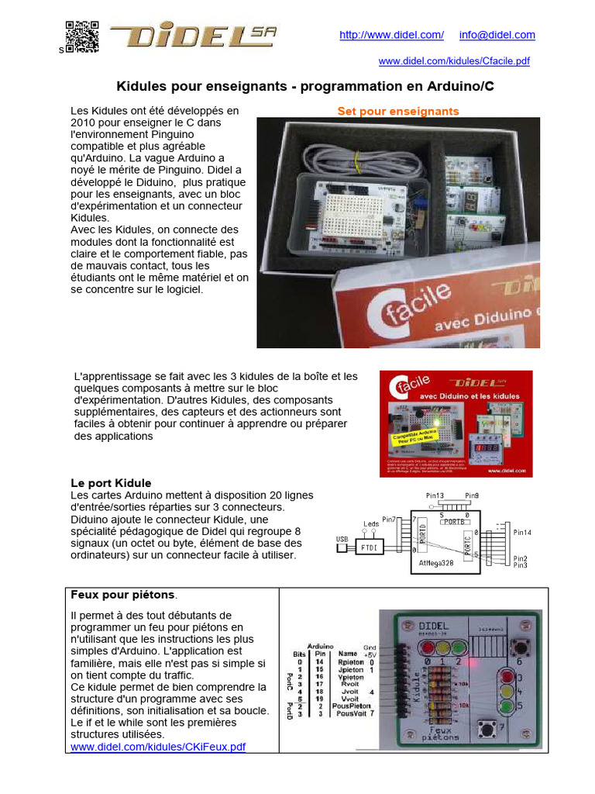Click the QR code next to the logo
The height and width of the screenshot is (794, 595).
[82, 36]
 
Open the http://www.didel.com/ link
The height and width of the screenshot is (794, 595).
[392, 35]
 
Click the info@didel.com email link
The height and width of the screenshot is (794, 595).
[497, 35]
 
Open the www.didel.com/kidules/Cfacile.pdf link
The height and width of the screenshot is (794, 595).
[454, 61]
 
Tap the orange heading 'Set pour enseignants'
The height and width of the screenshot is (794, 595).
[398, 111]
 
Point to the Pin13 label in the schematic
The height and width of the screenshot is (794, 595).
[435, 495]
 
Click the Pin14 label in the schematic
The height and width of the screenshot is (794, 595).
[523, 533]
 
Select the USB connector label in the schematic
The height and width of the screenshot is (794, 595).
[342, 539]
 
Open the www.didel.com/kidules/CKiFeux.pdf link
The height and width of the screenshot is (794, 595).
[158, 747]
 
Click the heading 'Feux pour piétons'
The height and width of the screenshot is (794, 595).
[122, 595]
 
